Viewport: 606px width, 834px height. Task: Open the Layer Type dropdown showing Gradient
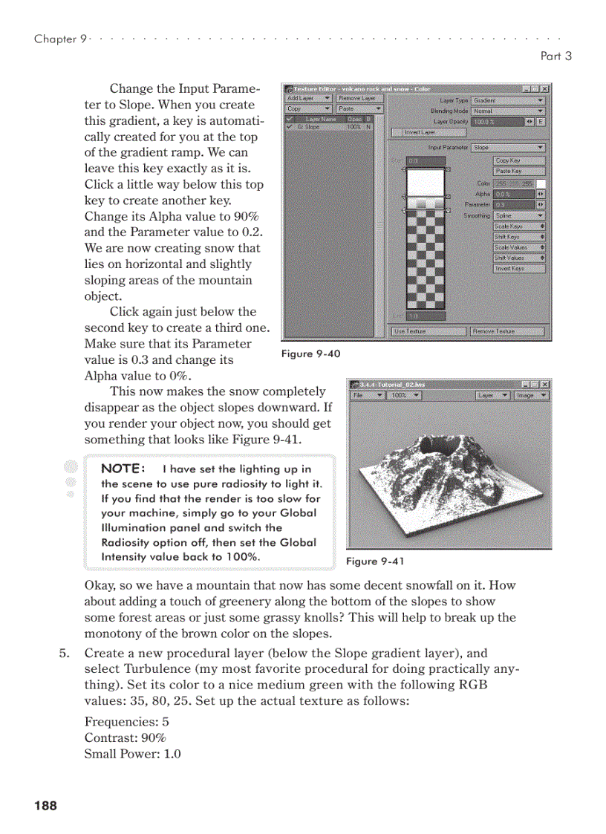508,100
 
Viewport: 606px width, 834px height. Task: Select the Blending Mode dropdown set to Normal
508,111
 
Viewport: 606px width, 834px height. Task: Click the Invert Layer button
429,132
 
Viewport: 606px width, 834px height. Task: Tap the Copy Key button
518,160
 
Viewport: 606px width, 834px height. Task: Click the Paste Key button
518,171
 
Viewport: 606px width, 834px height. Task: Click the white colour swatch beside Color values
541,183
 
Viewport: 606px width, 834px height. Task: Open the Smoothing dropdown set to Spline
519,215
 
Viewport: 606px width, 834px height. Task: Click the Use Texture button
428,331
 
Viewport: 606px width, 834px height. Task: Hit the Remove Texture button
507,331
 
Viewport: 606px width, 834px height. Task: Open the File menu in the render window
368,396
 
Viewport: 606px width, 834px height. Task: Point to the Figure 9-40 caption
310,354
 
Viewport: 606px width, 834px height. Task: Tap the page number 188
45,806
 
